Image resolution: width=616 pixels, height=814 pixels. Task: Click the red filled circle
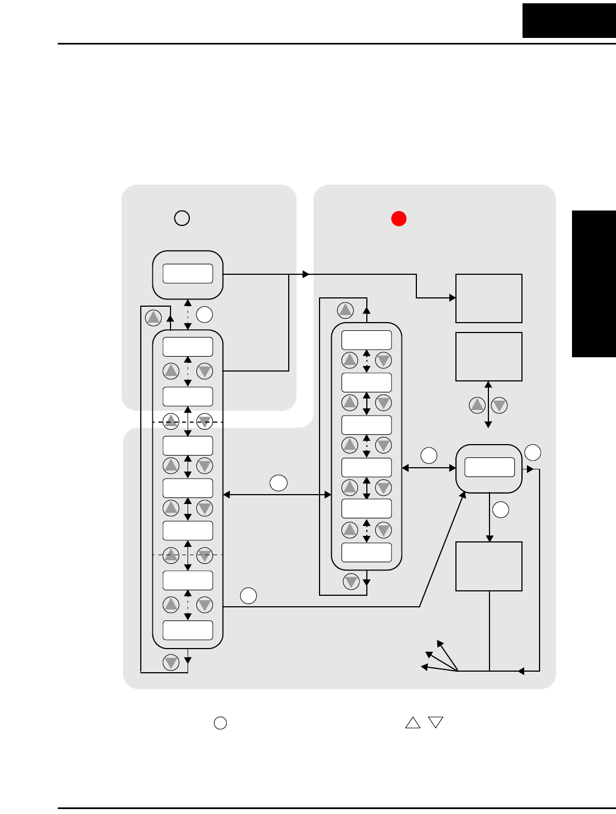(399, 218)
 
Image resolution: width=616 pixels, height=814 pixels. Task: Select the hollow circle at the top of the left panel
(182, 218)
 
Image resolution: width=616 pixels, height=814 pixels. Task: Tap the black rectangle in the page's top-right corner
(569, 20)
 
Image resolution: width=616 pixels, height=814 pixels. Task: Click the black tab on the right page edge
(593, 284)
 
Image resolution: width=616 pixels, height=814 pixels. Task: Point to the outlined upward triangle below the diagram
(413, 723)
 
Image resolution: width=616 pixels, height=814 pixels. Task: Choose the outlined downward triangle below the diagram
(436, 722)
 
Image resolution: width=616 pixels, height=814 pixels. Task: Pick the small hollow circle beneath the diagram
(220, 723)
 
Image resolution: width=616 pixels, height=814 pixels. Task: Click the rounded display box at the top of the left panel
(188, 274)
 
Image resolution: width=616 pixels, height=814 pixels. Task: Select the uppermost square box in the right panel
(488, 298)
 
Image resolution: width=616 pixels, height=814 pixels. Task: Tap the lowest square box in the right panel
(488, 566)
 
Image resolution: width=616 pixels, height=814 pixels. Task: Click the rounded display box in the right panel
(489, 468)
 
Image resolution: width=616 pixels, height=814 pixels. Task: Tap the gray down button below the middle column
(351, 581)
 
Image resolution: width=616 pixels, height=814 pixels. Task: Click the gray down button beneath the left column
(171, 662)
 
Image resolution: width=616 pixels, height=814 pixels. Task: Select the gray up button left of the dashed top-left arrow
(153, 317)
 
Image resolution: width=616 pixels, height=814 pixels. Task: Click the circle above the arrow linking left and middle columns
(278, 483)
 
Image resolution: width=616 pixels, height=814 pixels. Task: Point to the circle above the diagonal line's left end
(248, 595)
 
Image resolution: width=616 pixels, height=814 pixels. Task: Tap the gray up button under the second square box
(477, 406)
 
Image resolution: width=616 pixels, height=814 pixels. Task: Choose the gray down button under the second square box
(499, 406)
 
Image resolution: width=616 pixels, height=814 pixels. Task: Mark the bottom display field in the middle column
(366, 552)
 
